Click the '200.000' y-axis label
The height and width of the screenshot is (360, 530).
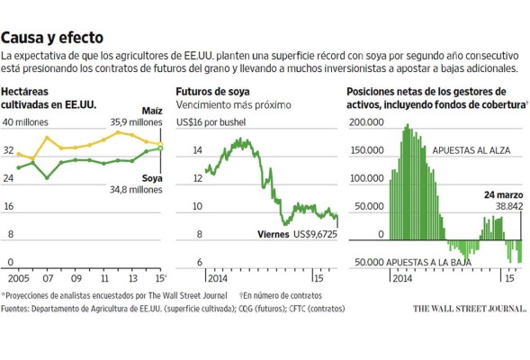tap(367, 121)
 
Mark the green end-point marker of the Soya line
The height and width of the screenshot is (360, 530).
tap(161, 148)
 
